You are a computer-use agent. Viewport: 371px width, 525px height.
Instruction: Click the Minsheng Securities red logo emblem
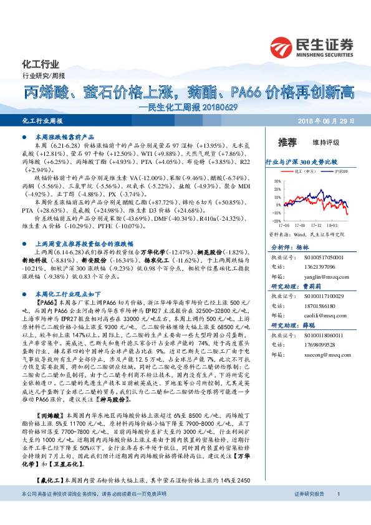pos(283,46)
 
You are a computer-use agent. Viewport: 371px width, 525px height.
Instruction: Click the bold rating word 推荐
pos(287,142)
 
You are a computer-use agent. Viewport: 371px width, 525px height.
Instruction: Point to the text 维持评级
pos(325,142)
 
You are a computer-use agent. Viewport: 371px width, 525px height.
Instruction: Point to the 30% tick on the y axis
pos(277,181)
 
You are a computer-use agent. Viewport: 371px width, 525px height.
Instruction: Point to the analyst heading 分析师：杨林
pos(287,247)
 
